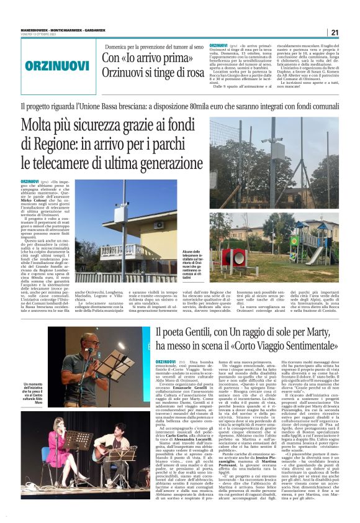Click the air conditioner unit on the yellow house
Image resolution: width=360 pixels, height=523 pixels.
click(x=158, y=225)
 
